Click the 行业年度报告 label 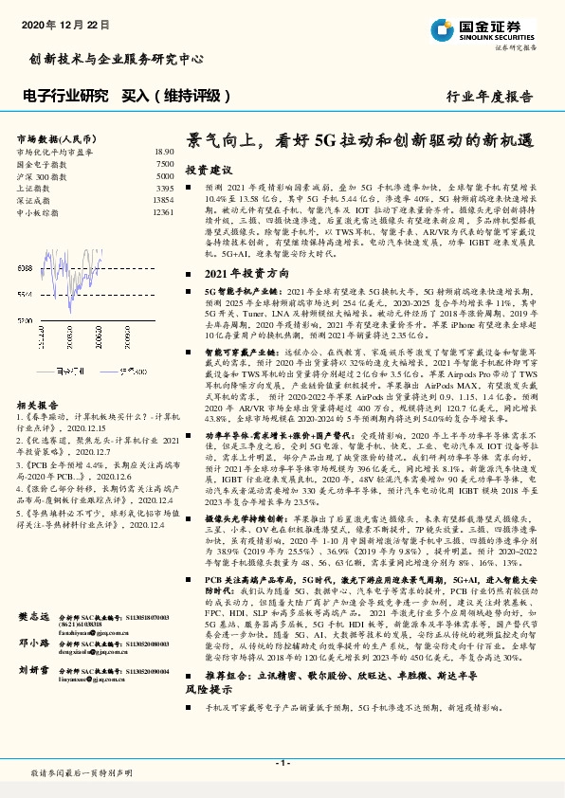click(490, 97)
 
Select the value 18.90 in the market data click(164, 152)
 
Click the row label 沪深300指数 click(43, 176)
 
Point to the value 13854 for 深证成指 click(163, 201)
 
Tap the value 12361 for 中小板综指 click(163, 213)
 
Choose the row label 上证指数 click(36, 189)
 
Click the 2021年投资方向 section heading click(241, 271)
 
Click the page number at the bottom click(282, 762)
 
